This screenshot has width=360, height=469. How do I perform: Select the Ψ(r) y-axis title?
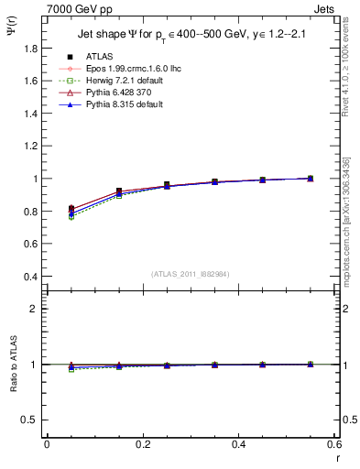[10, 35]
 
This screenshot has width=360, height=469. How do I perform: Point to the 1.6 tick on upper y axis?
[32, 81]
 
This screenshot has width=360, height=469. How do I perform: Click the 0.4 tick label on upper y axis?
[32, 277]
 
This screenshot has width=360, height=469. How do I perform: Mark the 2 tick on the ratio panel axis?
[37, 309]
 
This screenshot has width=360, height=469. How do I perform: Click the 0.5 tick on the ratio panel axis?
[32, 420]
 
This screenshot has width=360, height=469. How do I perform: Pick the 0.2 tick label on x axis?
[142, 444]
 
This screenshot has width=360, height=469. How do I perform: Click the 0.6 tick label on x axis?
[333, 444]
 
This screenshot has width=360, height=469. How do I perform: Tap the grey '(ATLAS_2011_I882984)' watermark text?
[190, 275]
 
